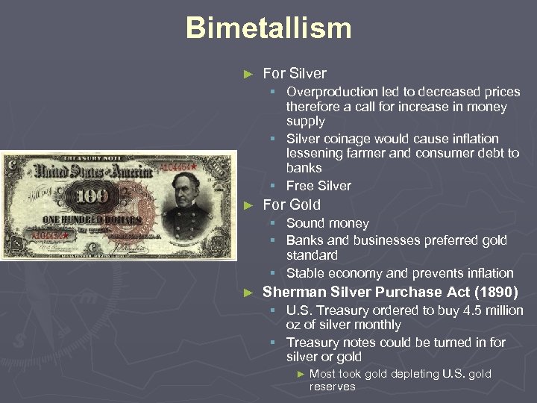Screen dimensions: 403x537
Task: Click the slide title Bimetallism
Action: [x=268, y=28]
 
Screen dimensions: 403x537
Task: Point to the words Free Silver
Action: [x=318, y=186]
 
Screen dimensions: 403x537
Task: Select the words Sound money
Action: [x=327, y=223]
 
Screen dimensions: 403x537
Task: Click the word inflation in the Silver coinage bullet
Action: [x=473, y=139]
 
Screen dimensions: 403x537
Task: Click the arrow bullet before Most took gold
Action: [x=301, y=374]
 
